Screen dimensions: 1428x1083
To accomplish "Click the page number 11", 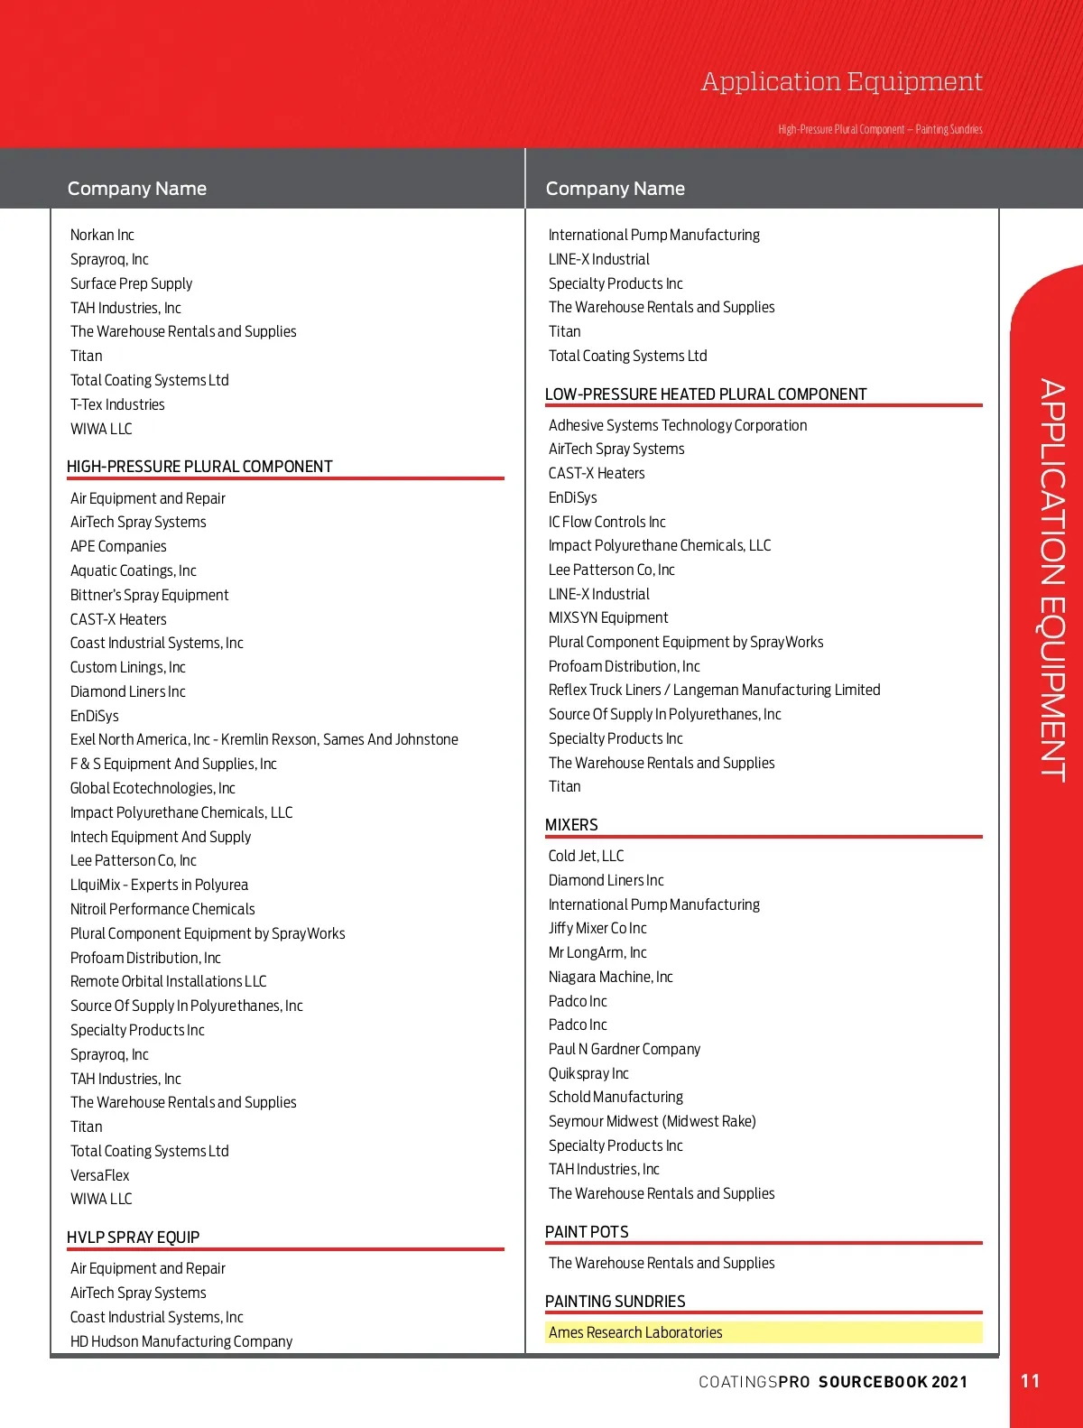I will click(x=1030, y=1381).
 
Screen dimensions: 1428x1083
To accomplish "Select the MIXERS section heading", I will click(x=571, y=825).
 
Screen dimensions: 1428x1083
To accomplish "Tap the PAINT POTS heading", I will click(x=587, y=1232).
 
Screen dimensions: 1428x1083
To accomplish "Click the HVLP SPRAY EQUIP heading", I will click(x=133, y=1238).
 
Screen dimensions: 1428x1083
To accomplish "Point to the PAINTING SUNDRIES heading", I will click(x=615, y=1302).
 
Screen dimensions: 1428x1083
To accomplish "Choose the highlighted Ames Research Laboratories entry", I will click(x=635, y=1332).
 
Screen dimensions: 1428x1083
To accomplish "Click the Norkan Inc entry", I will click(x=102, y=235).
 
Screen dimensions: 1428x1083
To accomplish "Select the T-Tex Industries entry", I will click(x=117, y=404).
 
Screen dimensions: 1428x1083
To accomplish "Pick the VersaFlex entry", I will click(x=100, y=1175).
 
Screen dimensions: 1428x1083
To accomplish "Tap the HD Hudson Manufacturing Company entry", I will click(x=181, y=1341).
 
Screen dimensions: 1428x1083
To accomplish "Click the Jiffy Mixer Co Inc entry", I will click(x=597, y=928).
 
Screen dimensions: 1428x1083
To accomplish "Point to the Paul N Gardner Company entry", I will click(x=625, y=1049).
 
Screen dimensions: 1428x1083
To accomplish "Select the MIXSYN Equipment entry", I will click(x=608, y=617).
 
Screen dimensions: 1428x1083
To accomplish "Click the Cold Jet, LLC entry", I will click(x=586, y=856).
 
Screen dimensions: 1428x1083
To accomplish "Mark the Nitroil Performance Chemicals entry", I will click(x=162, y=909).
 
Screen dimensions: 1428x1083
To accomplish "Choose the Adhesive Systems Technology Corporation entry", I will click(x=678, y=425).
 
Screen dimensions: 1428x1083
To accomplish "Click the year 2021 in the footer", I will click(x=949, y=1382).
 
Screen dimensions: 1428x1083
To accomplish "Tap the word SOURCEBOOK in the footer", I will click(x=873, y=1382).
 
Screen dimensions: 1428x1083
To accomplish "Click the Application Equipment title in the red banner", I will click(x=841, y=82).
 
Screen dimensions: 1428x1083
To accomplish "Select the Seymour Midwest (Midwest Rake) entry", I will click(x=652, y=1121).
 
